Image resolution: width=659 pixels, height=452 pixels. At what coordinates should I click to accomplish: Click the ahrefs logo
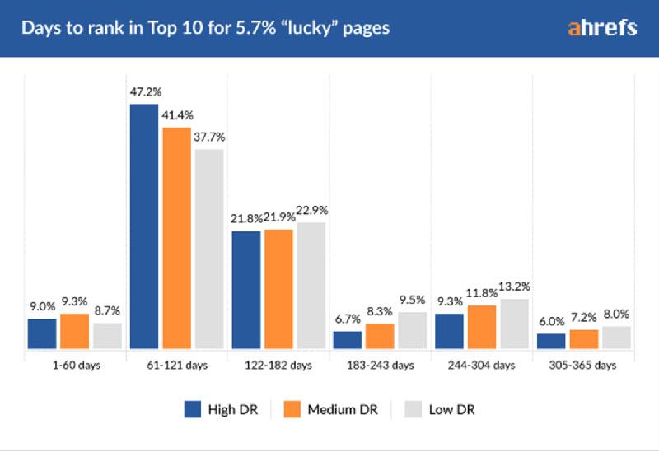(x=602, y=27)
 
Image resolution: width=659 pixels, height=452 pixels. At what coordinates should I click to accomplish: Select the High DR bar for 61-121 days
(x=144, y=227)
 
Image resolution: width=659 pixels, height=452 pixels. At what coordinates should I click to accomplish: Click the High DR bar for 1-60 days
(x=42, y=333)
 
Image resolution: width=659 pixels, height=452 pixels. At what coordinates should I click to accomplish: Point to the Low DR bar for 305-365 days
(x=616, y=338)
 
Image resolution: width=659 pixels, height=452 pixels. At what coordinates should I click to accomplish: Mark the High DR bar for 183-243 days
(x=348, y=340)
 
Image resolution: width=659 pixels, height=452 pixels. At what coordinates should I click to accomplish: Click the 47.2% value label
(x=144, y=91)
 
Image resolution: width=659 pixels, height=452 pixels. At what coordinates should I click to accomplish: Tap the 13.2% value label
(x=515, y=287)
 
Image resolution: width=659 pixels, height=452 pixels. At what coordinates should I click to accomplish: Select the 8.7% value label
(x=107, y=311)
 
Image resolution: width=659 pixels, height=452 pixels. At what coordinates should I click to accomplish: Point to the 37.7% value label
(x=209, y=137)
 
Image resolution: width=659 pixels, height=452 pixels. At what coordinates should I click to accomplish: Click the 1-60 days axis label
(x=75, y=365)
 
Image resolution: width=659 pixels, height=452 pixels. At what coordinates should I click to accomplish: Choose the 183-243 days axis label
(x=380, y=365)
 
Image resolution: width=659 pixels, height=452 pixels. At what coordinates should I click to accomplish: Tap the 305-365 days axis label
(x=583, y=365)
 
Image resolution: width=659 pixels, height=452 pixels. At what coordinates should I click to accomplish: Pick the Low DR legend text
(x=452, y=409)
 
